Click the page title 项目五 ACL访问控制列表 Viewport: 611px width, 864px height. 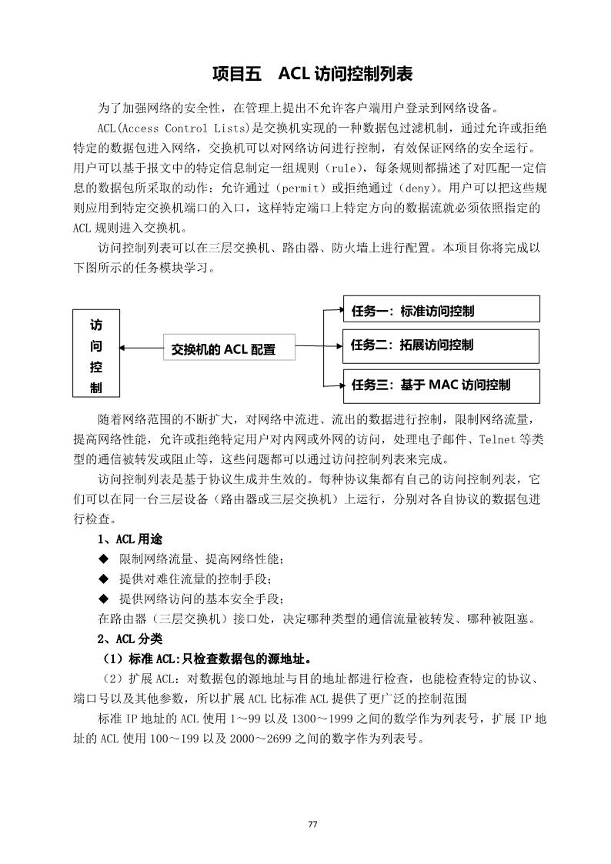pos(312,74)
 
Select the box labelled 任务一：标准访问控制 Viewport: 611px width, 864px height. pos(441,311)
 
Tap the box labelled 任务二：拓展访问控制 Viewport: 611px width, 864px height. pos(441,345)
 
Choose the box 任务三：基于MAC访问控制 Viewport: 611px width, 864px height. pos(441,384)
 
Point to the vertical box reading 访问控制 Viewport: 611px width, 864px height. pos(96,353)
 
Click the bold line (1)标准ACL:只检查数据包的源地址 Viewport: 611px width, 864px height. pos(207,659)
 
